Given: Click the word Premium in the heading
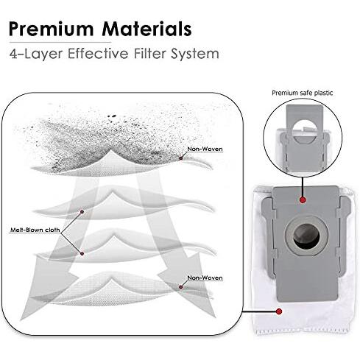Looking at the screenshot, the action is pos(51,29).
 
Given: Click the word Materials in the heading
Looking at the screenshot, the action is pos(147,29).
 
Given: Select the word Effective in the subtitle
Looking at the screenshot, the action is pos(98,53).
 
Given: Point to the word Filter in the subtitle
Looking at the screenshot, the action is pos(149,53).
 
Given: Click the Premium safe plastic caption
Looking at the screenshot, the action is pos(302,93).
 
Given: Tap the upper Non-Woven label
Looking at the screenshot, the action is pos(205,149).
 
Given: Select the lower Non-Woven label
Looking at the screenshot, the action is pos(205,278).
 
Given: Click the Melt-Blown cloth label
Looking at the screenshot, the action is pos(35,230).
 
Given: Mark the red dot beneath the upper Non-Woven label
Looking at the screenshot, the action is pos(181,158).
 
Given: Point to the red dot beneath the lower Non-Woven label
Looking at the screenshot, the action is pos(181,287).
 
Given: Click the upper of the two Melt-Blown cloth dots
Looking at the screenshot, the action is pos(82,212).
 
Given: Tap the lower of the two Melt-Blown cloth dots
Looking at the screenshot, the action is pos(82,253).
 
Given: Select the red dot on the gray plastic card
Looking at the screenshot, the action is pos(303,200).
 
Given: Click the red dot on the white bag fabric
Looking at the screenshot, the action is pos(279,311).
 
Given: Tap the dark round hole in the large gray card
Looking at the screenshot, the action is pos(306,236).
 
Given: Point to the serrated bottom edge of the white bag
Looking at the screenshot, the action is pos(304,332).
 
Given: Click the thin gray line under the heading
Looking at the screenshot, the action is pos(60,43).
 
